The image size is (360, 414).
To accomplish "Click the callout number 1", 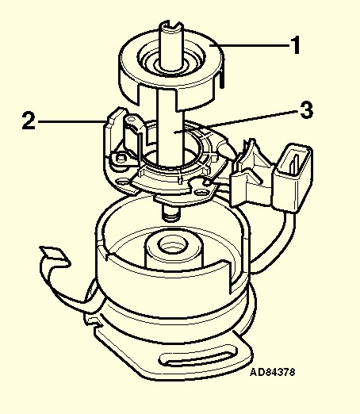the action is (296, 45).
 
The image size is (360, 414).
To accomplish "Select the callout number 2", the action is (29, 121).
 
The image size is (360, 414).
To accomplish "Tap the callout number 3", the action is (307, 110).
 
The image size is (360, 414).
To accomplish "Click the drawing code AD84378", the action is (272, 372).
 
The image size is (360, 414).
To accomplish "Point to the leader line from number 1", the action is (250, 46).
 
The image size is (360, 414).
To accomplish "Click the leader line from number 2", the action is (72, 121).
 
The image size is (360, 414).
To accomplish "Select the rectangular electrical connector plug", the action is (293, 178).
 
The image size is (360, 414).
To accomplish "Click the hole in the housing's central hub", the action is (173, 245).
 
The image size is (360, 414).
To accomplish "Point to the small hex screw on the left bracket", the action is (121, 158).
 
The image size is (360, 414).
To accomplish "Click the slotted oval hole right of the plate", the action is (200, 191).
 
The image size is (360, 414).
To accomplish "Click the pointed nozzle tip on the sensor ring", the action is (231, 153).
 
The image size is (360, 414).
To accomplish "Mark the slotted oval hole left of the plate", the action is (123, 182).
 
